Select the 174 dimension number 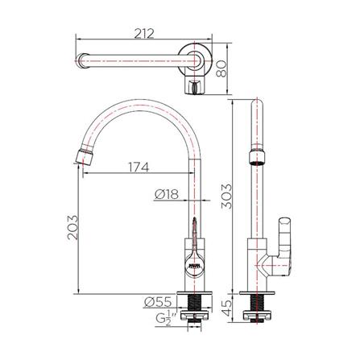tap(138, 168)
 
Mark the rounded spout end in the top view tap(81, 62)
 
